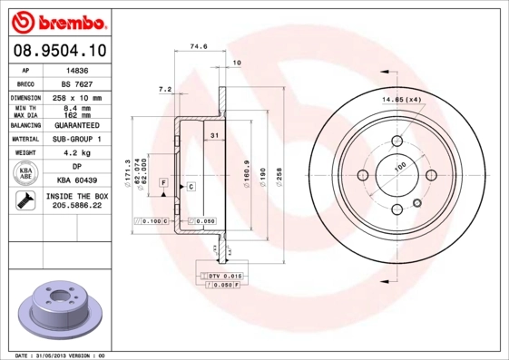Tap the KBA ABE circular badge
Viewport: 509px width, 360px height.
coord(26,174)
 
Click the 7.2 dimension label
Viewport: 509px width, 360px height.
coord(164,90)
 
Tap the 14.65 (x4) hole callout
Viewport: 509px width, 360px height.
coord(401,99)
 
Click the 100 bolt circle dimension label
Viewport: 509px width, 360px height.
coord(399,167)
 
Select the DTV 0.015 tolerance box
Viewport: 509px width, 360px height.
coord(220,274)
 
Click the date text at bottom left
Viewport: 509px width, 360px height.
coord(61,355)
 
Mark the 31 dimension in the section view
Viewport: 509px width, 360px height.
coord(214,135)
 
